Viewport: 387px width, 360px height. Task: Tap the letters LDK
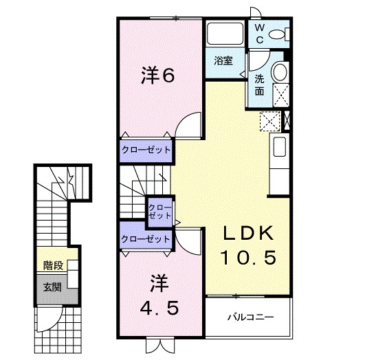[x=248, y=234]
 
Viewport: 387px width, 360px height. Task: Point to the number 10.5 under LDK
[x=248, y=258]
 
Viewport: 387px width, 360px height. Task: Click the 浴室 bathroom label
[x=223, y=60]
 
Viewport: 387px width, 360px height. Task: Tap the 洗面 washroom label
[x=260, y=84]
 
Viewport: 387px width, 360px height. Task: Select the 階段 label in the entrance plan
[x=52, y=265]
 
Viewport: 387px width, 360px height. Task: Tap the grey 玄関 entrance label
[x=52, y=287]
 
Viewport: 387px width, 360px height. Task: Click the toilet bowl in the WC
[x=278, y=34]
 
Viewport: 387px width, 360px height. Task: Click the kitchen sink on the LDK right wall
[x=279, y=146]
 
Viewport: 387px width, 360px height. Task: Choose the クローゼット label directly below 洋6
[x=146, y=149]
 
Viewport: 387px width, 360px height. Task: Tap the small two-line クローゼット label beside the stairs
[x=160, y=210]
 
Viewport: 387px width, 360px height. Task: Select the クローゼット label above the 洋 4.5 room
[x=146, y=239]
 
